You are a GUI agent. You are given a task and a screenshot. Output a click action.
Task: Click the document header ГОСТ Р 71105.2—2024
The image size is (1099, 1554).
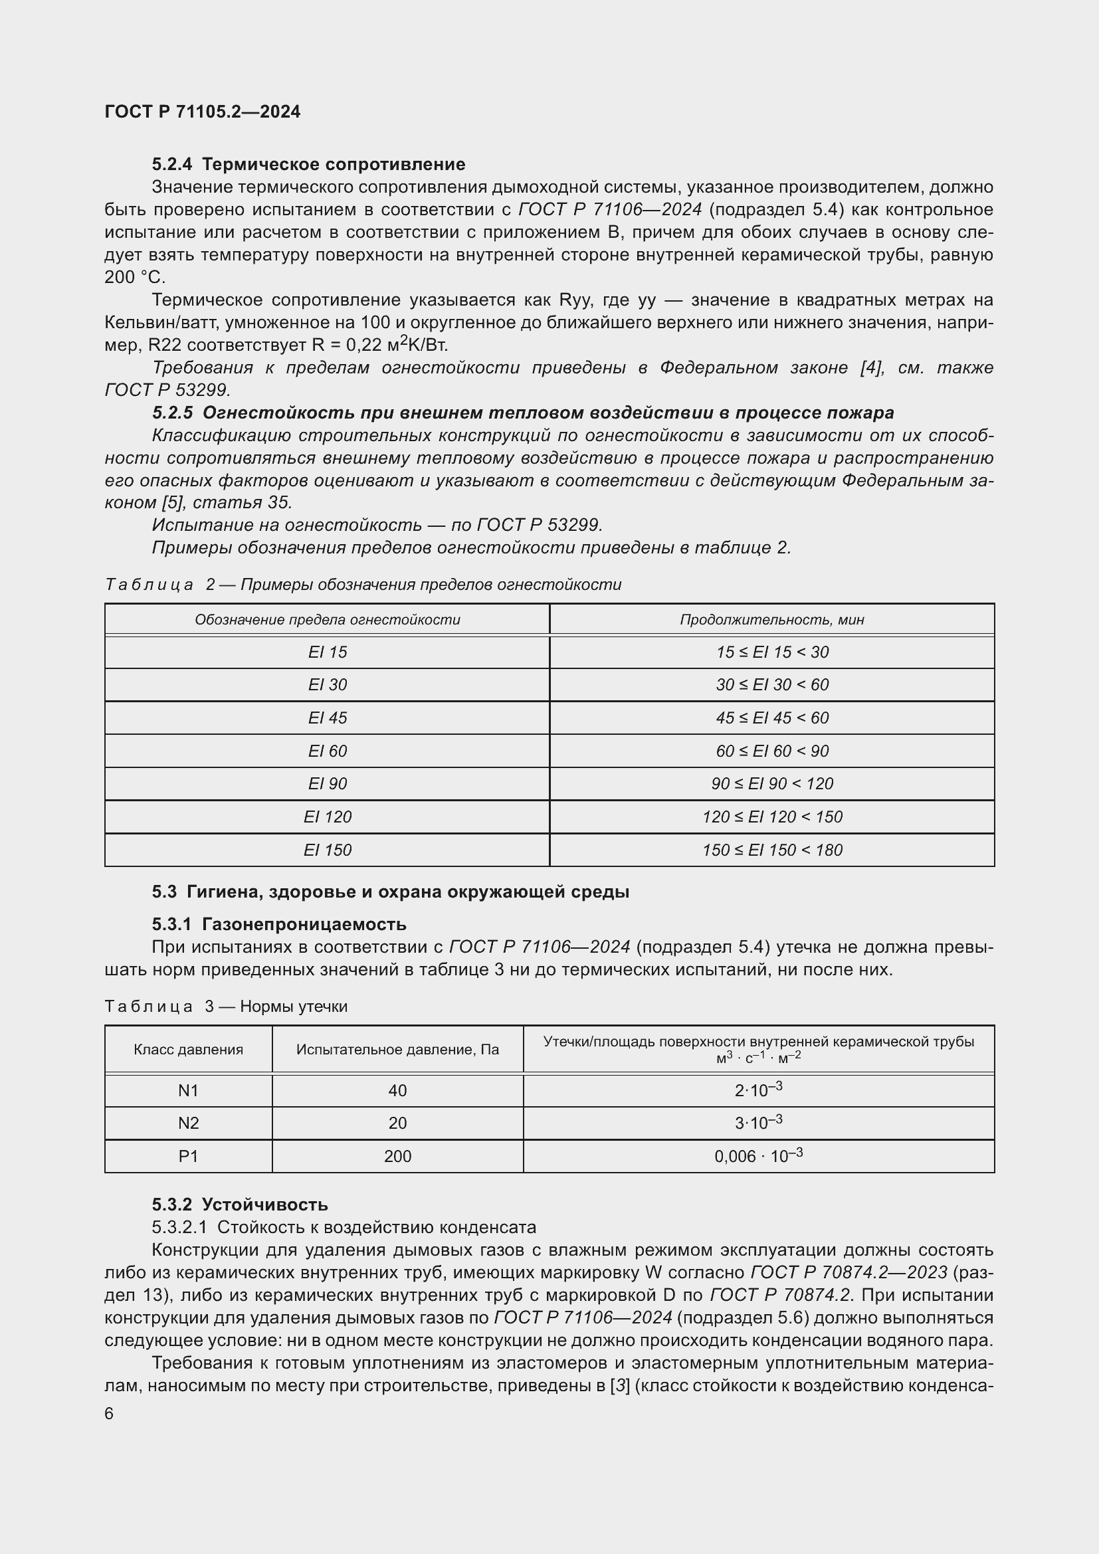(203, 112)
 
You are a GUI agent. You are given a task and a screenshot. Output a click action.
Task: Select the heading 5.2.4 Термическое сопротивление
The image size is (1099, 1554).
(308, 164)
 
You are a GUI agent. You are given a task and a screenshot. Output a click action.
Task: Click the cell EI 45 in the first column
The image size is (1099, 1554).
(327, 718)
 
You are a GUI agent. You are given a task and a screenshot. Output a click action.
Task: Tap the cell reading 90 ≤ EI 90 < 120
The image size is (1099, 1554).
(771, 783)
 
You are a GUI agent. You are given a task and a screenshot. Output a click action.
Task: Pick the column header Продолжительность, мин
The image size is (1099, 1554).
(771, 619)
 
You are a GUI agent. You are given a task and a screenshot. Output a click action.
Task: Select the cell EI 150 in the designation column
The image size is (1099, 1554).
(327, 850)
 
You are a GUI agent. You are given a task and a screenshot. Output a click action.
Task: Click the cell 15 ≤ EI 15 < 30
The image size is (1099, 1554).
(771, 652)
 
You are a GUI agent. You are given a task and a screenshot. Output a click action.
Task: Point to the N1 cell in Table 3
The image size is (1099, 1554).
(188, 1090)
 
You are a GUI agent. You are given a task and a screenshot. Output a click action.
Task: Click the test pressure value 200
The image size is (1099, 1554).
(397, 1156)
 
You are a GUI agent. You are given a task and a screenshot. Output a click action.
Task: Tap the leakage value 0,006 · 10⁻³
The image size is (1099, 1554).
(758, 1155)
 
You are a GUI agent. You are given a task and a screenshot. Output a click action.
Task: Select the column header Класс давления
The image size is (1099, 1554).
(188, 1049)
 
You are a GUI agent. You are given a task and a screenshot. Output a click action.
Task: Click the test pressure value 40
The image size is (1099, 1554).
(397, 1090)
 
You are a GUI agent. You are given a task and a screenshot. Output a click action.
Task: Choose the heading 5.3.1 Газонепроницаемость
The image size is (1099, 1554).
(279, 924)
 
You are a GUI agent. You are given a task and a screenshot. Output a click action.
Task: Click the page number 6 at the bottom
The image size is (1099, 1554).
(109, 1413)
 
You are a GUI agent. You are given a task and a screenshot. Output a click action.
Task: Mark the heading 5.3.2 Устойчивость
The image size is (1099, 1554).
(240, 1204)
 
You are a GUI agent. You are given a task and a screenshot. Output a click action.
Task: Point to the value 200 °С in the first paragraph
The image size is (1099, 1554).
(134, 277)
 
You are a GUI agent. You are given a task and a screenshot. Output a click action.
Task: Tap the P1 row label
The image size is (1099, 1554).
(188, 1156)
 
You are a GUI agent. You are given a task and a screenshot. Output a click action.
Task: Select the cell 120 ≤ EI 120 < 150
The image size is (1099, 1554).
(771, 817)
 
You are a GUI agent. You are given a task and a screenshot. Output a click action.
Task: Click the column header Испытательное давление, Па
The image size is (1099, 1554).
(397, 1049)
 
